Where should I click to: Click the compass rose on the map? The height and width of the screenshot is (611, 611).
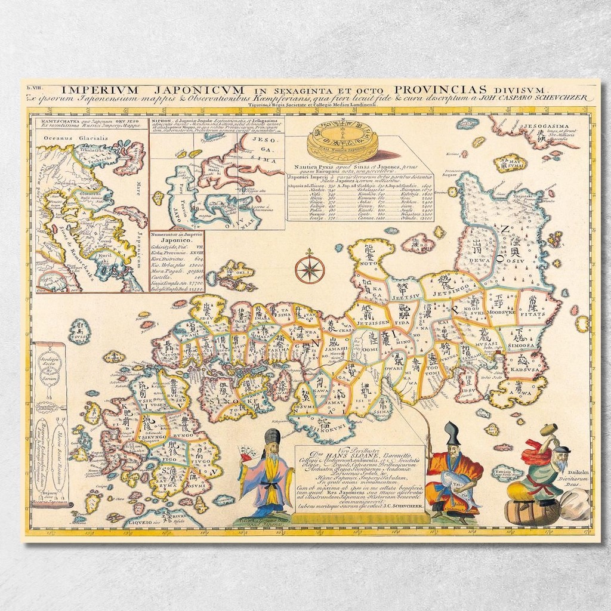click(310, 268)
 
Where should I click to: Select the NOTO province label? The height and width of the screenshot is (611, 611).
click(370, 261)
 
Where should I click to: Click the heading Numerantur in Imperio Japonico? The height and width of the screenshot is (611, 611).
click(177, 239)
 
